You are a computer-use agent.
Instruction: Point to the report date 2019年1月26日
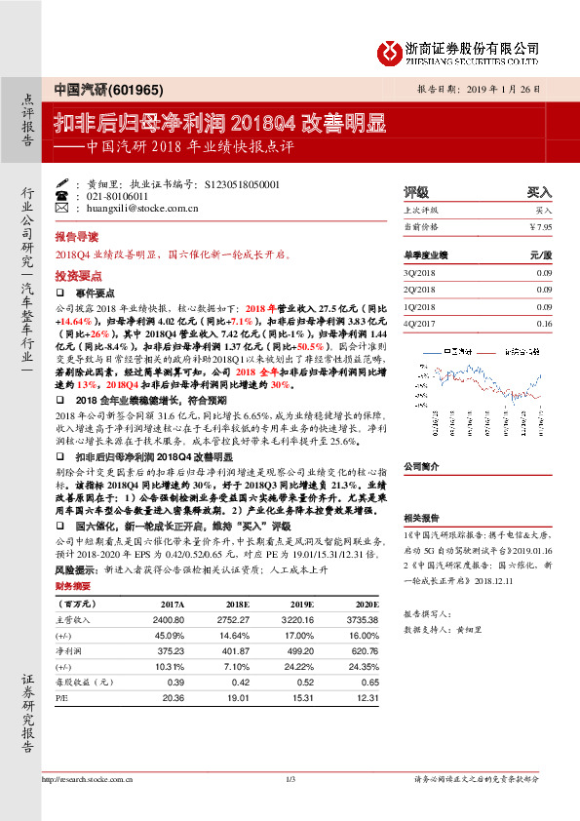coord(503,87)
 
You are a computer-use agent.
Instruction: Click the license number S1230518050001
coord(243,183)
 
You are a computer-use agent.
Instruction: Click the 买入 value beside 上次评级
coord(543,211)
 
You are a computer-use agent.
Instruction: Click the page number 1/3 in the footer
coord(290,778)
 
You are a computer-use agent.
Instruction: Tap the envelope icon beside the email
coord(62,209)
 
